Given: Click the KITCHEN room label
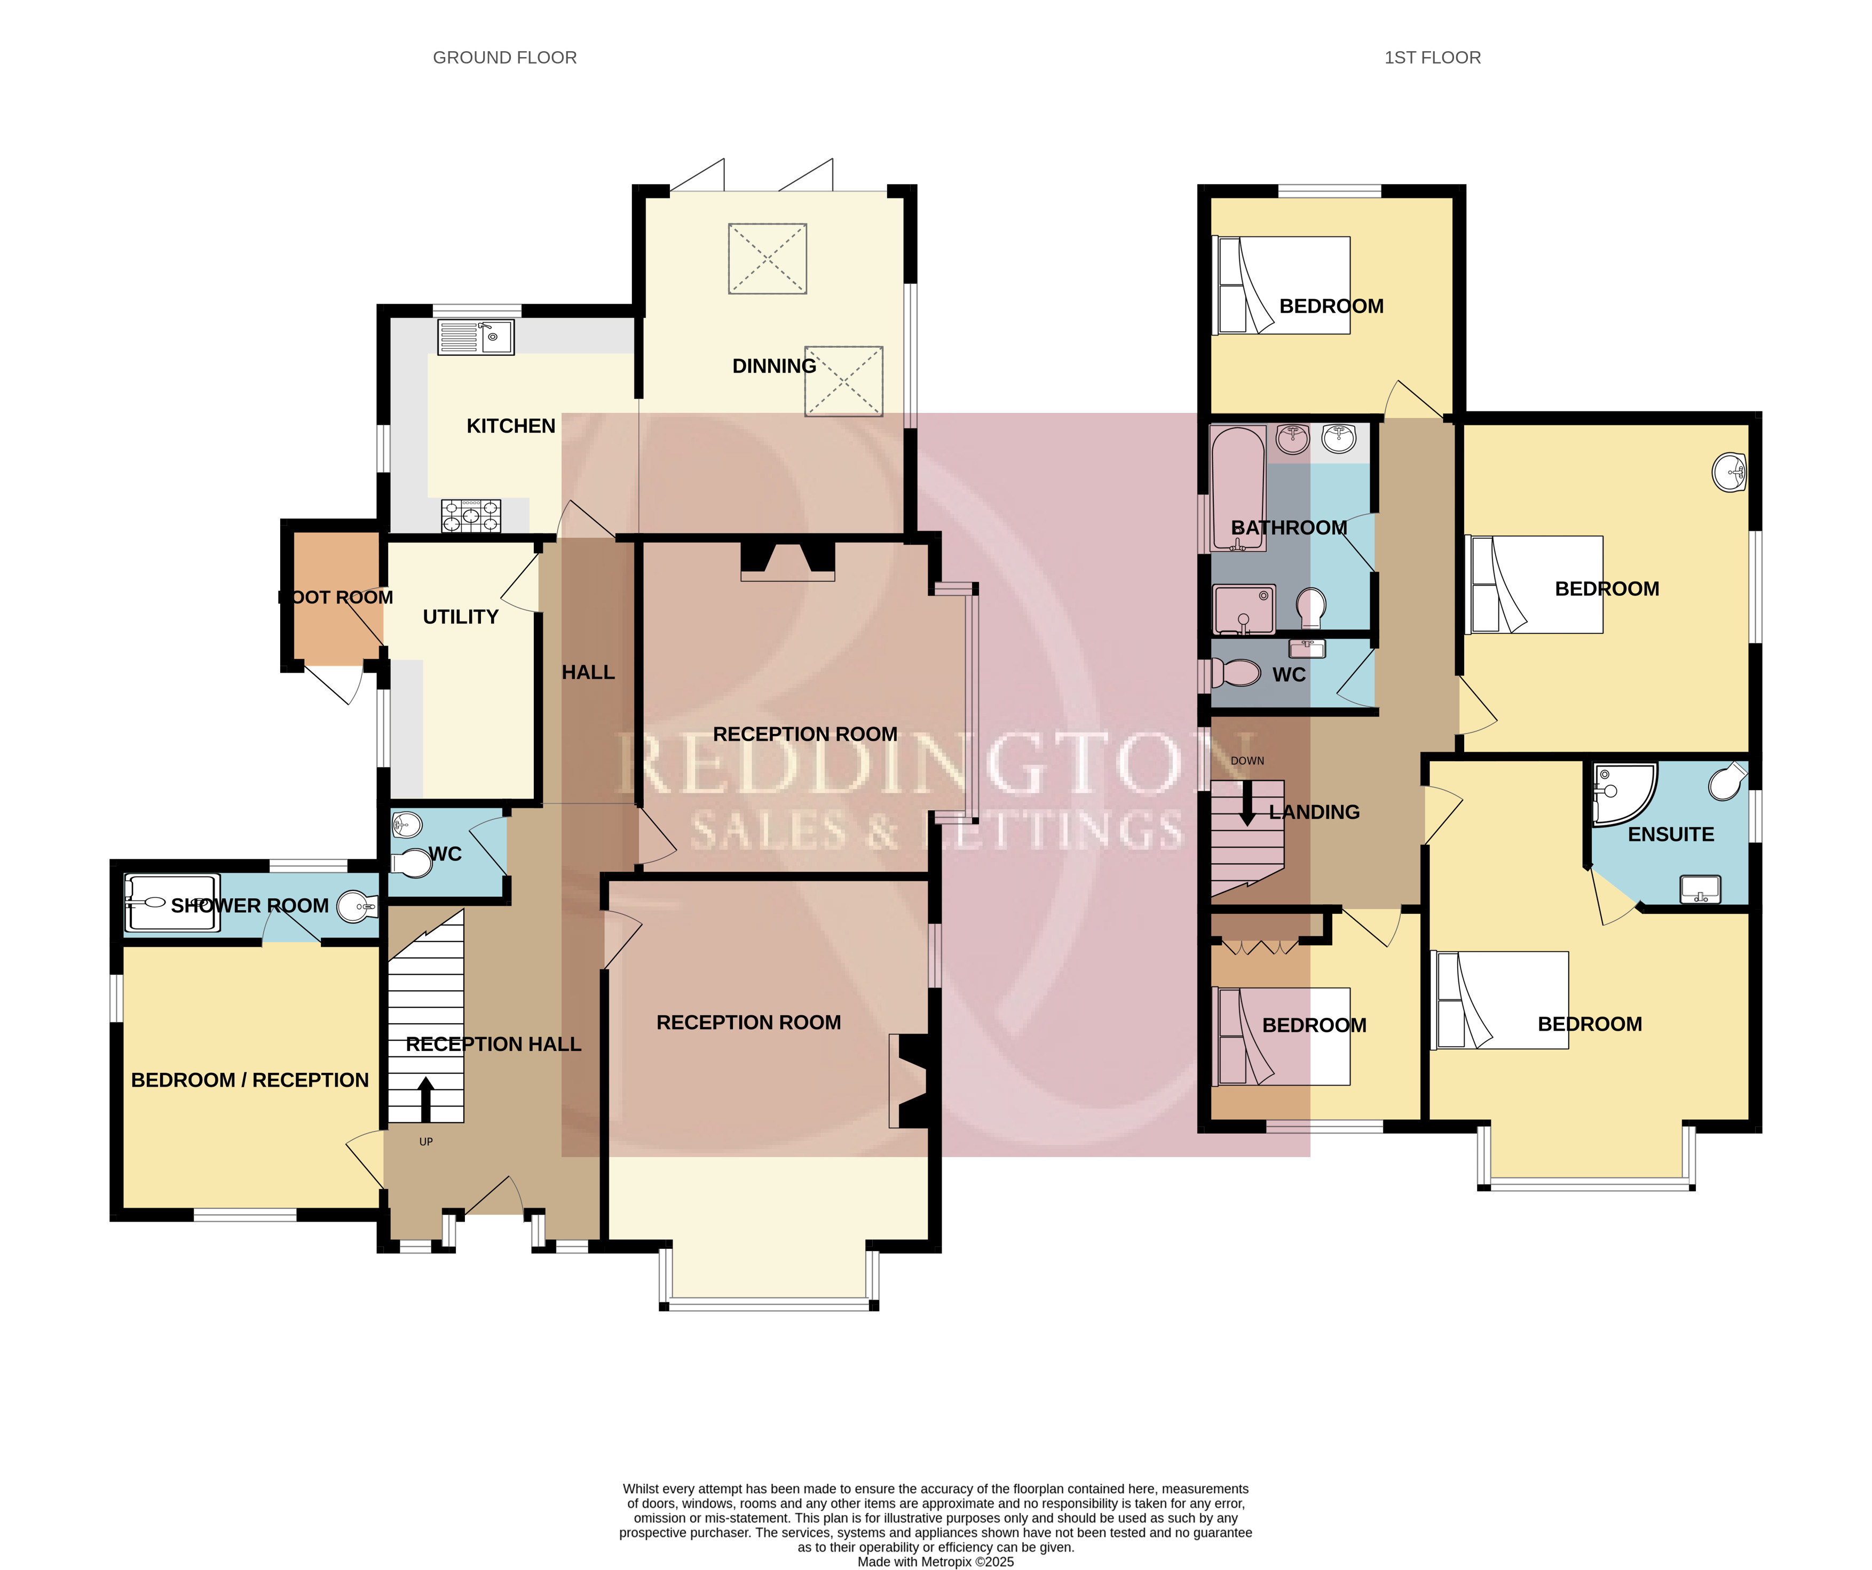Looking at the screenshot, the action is (511, 426).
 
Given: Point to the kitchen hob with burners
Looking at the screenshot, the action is (471, 516).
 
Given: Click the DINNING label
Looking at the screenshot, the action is (774, 366).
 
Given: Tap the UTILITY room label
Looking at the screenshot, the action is (460, 617).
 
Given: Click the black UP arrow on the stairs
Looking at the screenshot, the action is (425, 1098).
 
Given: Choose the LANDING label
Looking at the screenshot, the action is (1314, 812).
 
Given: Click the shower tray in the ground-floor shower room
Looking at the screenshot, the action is (172, 903).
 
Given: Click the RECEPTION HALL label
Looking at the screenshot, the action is (493, 1045).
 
